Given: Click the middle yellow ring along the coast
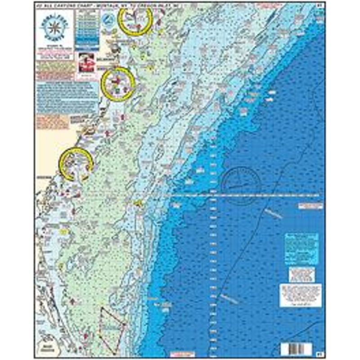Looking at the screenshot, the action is pos(118,84).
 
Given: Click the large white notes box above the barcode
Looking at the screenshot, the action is pos(301,295).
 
